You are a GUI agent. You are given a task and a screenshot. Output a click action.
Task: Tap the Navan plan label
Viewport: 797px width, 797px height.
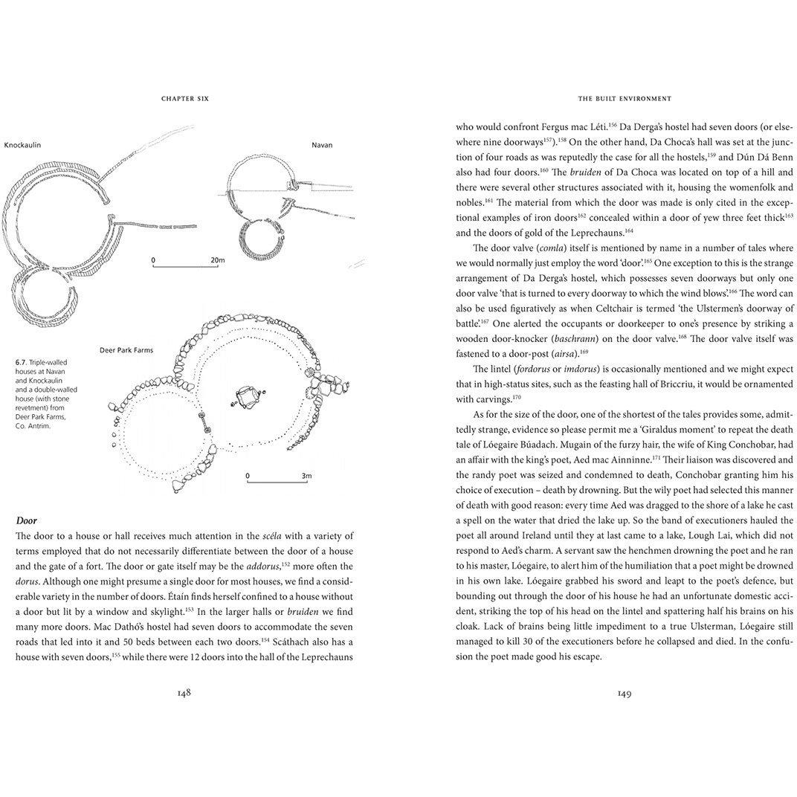[322, 145]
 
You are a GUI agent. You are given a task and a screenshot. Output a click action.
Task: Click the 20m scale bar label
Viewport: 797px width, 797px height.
[218, 260]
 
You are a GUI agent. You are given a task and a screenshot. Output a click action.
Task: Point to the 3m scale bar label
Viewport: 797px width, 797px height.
[306, 475]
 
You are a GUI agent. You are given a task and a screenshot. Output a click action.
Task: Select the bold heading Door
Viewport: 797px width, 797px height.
[26, 520]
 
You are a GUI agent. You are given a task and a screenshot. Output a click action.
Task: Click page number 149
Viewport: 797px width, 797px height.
[624, 693]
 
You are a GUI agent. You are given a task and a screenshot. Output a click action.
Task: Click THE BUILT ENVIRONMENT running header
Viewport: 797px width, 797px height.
[624, 98]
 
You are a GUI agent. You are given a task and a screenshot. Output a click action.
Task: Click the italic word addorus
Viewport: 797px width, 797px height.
[262, 566]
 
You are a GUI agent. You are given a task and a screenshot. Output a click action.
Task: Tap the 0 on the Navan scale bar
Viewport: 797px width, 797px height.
[153, 260]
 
